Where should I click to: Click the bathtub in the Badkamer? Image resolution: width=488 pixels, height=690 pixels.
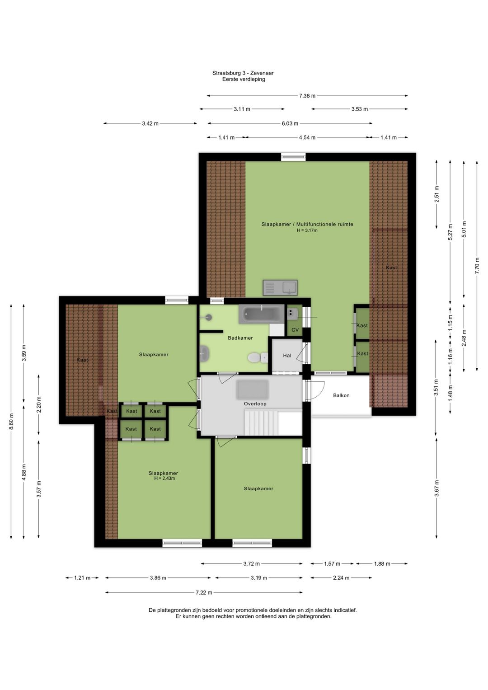point(261,314)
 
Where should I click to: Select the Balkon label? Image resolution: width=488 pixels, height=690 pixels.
point(341,395)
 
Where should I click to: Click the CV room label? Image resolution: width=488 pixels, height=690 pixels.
point(295,330)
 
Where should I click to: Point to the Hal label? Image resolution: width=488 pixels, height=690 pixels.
point(287,356)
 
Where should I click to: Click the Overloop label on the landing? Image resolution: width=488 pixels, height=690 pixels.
point(255,404)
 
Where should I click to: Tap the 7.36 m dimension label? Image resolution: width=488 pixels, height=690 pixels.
point(307,96)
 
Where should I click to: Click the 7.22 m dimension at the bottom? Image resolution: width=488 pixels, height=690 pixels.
point(204,592)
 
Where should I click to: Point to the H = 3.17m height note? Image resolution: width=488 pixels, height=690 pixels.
point(307,230)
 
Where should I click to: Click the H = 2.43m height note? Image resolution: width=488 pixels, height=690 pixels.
point(164,479)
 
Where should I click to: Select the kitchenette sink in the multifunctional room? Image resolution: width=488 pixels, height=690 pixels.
point(280,288)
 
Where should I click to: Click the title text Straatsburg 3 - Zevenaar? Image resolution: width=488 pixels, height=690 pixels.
point(243,73)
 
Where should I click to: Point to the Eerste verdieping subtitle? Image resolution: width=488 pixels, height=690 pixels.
point(244,79)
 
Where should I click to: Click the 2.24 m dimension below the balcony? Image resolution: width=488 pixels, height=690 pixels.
point(341,578)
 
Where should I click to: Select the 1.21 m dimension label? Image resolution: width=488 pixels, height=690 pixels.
point(82,578)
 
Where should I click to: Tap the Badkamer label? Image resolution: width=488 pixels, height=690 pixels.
point(240,338)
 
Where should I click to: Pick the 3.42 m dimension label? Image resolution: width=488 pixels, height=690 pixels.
point(150,123)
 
